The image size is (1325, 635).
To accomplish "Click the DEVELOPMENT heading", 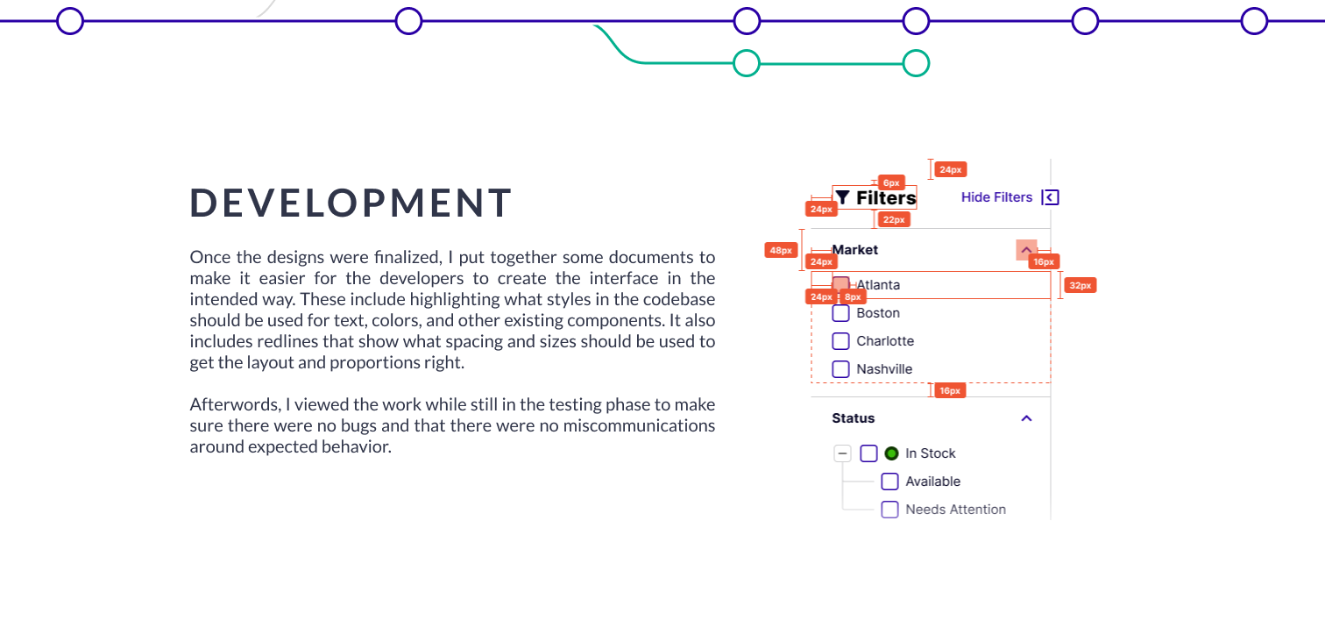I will coord(351,203).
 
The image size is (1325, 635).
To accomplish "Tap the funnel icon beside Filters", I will coord(842,197).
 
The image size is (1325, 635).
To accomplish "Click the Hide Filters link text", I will coord(996,197).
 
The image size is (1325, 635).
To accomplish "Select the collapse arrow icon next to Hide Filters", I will coord(1050,197).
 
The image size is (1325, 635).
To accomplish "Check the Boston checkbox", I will coord(840,313).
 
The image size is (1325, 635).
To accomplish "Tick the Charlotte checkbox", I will coord(840,341).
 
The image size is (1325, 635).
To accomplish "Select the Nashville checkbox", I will coord(840,369).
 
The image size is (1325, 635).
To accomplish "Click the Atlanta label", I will coord(878,285).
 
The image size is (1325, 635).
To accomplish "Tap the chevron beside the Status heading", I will coord(1027,418).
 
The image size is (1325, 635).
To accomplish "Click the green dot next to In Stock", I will coord(891,453).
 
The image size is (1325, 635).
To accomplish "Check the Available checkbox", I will coord(889,482).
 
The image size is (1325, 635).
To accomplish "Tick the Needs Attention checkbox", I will coord(889,510).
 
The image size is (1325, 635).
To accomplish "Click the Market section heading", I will coord(854,250).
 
